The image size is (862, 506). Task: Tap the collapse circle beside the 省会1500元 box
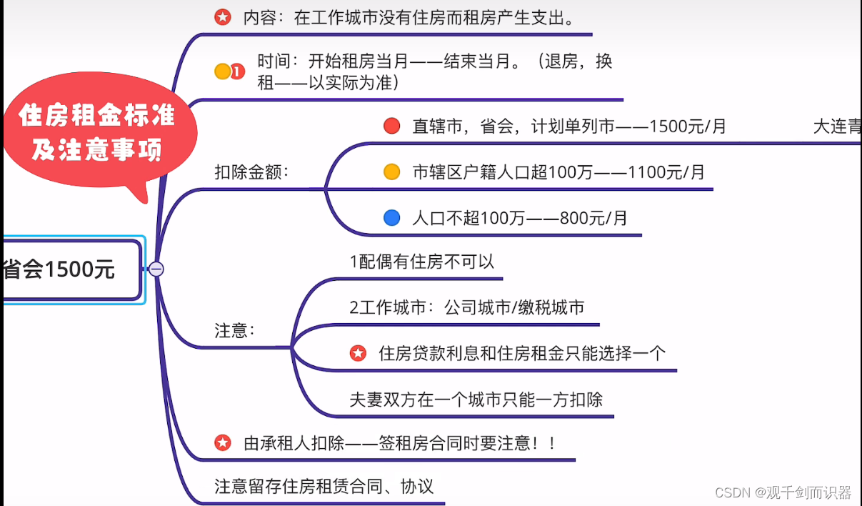click(156, 269)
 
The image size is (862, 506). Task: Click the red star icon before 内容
click(223, 18)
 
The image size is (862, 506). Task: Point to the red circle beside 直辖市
click(391, 126)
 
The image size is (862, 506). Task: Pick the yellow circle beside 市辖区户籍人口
click(391, 172)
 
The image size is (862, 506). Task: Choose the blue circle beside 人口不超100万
click(391, 218)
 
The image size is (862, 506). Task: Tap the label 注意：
click(235, 330)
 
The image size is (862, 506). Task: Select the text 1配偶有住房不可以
click(421, 262)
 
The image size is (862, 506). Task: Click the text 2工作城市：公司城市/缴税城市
click(466, 307)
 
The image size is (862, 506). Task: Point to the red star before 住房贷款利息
click(358, 353)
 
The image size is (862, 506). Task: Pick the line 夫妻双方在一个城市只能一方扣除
click(476, 399)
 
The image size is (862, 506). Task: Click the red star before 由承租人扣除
click(223, 443)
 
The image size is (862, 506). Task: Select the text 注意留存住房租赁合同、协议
click(324, 487)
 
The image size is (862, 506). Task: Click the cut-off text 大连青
click(837, 126)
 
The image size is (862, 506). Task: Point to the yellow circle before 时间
click(222, 71)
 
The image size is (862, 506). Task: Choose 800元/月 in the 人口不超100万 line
click(593, 218)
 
